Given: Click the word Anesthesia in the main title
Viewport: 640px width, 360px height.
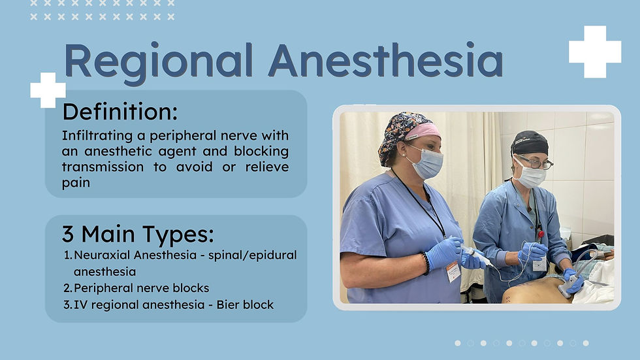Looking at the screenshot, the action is pyautogui.click(x=386, y=59).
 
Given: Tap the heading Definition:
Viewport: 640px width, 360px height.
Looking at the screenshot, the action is pyautogui.click(x=120, y=112).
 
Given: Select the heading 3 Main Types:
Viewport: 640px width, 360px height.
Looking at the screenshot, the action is pyautogui.click(x=138, y=235).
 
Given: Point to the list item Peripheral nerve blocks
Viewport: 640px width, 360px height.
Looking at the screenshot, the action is pyautogui.click(x=141, y=288).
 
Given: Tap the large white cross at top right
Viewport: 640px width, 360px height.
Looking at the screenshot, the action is pyautogui.click(x=595, y=52).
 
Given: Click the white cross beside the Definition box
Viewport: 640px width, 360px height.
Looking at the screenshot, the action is pyautogui.click(x=48, y=90).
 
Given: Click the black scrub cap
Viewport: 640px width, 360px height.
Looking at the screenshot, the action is pyautogui.click(x=530, y=143).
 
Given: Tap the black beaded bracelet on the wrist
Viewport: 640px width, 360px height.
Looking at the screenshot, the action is pyautogui.click(x=425, y=263).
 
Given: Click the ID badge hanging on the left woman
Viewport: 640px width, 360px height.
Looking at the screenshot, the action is pyautogui.click(x=453, y=271).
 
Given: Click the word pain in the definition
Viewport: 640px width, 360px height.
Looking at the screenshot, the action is pyautogui.click(x=76, y=183).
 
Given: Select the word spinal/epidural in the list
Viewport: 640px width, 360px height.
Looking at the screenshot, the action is pyautogui.click(x=253, y=255).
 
